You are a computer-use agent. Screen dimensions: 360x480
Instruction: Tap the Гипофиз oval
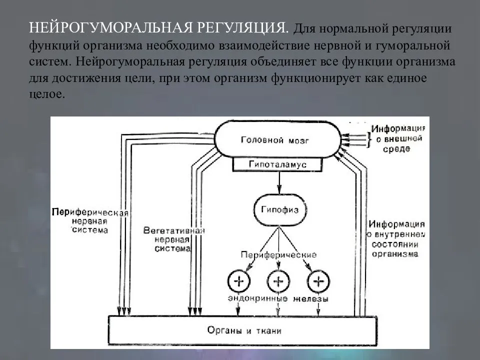279,210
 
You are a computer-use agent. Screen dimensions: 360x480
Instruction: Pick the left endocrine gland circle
238,281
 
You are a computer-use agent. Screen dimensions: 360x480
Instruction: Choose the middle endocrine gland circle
278,281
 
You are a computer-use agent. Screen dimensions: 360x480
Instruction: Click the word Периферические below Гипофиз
278,254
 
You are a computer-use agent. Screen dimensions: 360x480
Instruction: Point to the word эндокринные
257,299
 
